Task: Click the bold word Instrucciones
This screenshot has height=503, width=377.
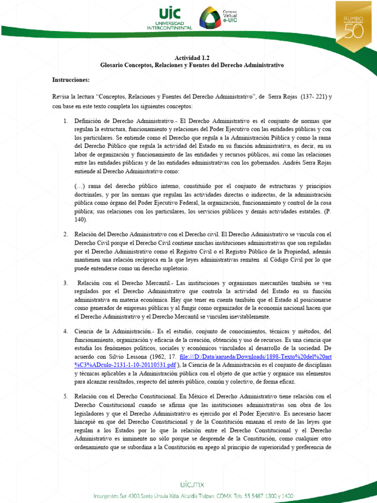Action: [x=71, y=79]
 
